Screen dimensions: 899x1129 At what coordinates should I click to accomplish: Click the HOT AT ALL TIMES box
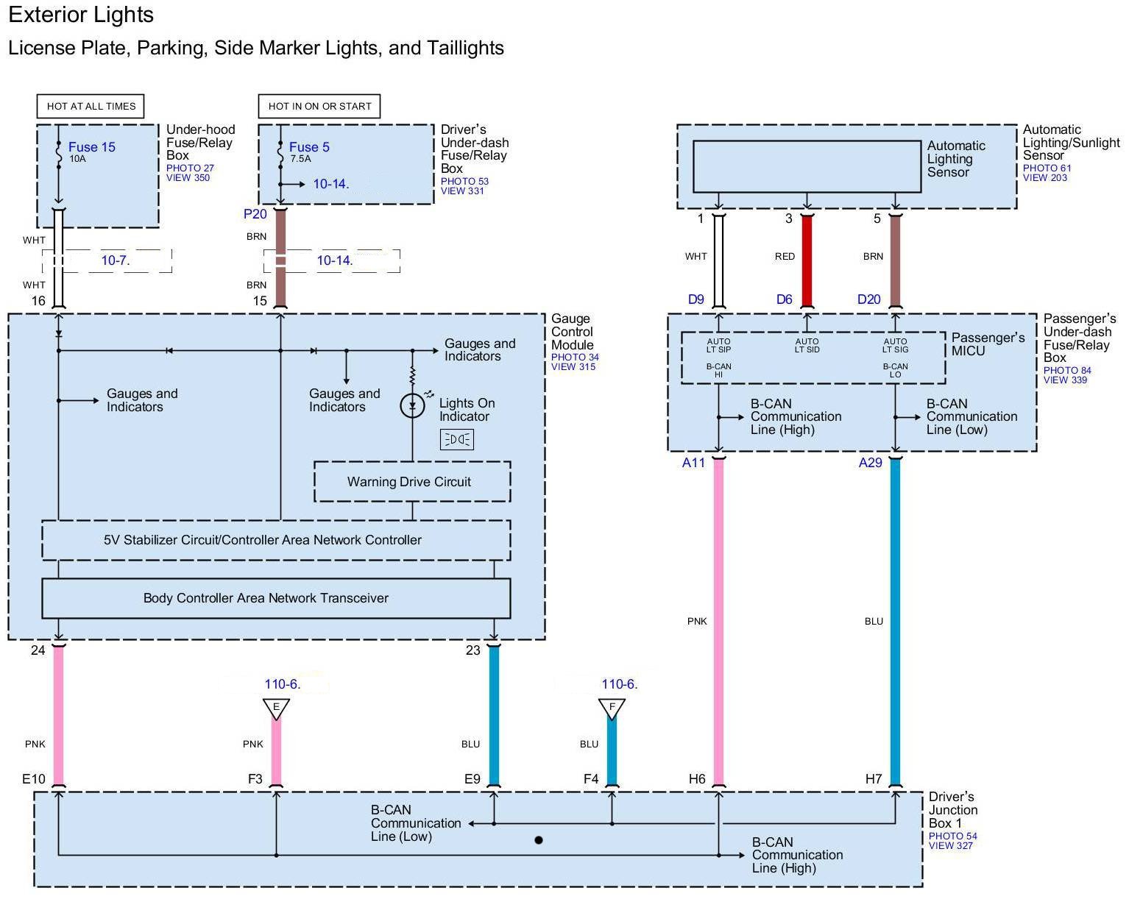pyautogui.click(x=91, y=106)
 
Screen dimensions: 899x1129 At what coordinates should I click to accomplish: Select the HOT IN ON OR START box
pyautogui.click(x=319, y=106)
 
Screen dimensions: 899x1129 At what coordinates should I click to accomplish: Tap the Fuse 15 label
pyautogui.click(x=91, y=147)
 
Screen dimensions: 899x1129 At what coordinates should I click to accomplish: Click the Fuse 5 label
pyautogui.click(x=309, y=147)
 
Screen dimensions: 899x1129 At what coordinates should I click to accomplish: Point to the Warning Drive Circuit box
pyautogui.click(x=412, y=482)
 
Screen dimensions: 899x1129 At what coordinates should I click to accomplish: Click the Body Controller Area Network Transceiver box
pyautogui.click(x=276, y=598)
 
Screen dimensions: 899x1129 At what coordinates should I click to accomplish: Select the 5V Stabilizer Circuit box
pyautogui.click(x=276, y=540)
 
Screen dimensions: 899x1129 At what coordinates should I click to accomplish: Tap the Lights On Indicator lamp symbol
pyautogui.click(x=412, y=405)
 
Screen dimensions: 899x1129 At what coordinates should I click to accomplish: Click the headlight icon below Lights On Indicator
pyautogui.click(x=456, y=439)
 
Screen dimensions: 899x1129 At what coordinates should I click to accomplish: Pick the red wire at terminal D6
pyautogui.click(x=807, y=261)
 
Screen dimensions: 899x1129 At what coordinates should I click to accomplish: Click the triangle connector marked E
pyautogui.click(x=276, y=708)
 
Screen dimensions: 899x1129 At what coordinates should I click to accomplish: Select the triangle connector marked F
pyautogui.click(x=612, y=708)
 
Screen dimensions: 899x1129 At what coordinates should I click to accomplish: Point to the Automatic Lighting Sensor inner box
pyautogui.click(x=807, y=166)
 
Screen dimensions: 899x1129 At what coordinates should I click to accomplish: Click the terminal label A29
pyautogui.click(x=870, y=463)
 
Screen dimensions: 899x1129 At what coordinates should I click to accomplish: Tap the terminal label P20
pyautogui.click(x=255, y=214)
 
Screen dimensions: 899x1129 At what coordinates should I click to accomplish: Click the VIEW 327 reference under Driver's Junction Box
pyautogui.click(x=950, y=846)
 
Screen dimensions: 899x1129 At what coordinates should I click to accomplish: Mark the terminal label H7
pyautogui.click(x=874, y=778)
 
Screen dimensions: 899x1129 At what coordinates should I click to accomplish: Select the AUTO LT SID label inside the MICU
pyautogui.click(x=807, y=345)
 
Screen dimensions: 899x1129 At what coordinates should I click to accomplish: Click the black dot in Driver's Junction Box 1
pyautogui.click(x=539, y=839)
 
